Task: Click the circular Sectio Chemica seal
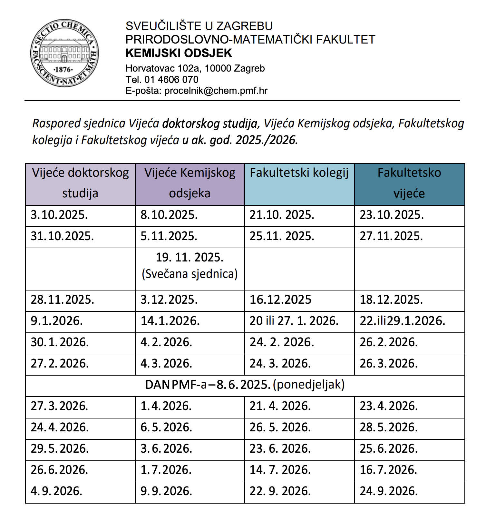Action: pyautogui.click(x=64, y=53)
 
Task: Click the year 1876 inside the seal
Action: pyautogui.click(x=63, y=70)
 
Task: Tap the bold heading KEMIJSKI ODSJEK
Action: pyautogui.click(x=179, y=53)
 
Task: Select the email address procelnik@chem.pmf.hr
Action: pyautogui.click(x=216, y=91)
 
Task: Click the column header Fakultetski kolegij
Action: pyautogui.click(x=299, y=173)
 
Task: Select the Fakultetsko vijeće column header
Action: pyautogui.click(x=409, y=183)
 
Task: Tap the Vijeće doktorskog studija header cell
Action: pyautogui.click(x=80, y=183)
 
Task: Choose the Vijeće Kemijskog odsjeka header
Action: pyautogui.click(x=190, y=183)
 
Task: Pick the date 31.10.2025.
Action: pyautogui.click(x=62, y=236)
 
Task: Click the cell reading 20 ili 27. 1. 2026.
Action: pyautogui.click(x=294, y=321)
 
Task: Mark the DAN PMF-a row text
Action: pyautogui.click(x=245, y=385)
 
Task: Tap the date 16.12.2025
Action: pyautogui.click(x=280, y=300)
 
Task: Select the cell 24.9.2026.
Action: pyautogui.click(x=389, y=491)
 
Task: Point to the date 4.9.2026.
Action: pyautogui.click(x=57, y=491)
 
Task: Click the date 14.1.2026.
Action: pyautogui.click(x=170, y=321)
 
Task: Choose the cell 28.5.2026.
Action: pyautogui.click(x=389, y=428)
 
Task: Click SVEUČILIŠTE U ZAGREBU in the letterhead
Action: pyautogui.click(x=199, y=26)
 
